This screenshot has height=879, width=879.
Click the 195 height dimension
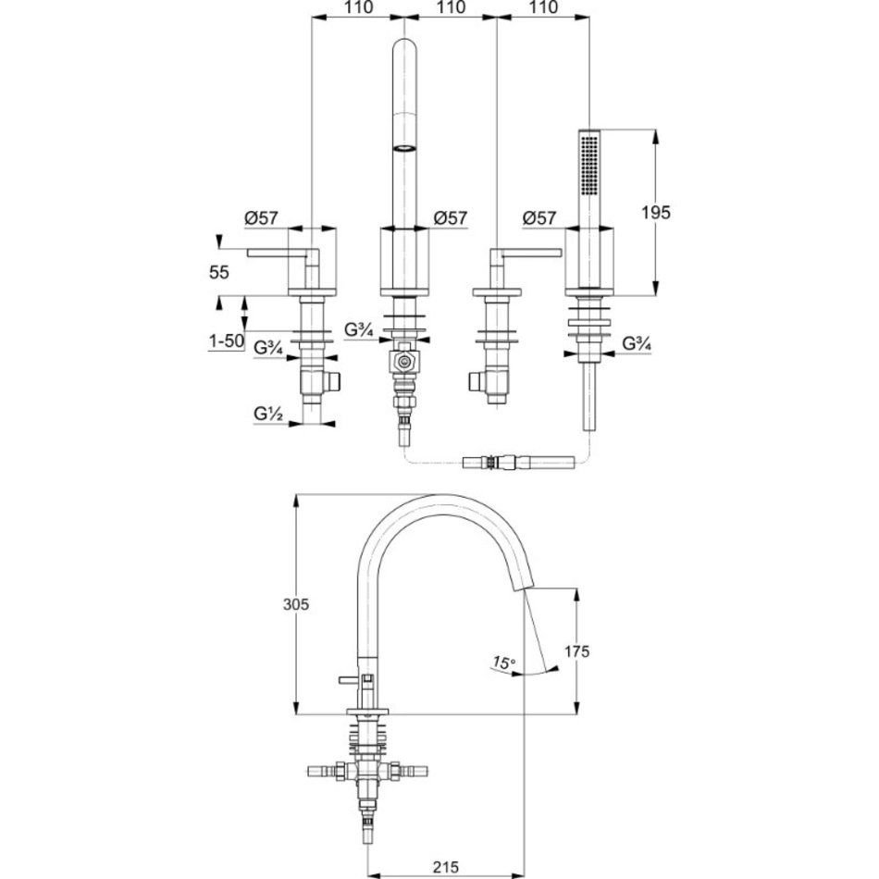pos(655,213)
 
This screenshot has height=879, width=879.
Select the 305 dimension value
pos(296,604)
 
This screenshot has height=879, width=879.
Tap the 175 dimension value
pos(576,651)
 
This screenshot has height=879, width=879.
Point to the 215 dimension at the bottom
pos(446,867)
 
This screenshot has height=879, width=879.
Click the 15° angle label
pos(503,663)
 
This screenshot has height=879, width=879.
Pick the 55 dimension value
pos(219,272)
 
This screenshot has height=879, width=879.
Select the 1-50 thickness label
pos(227,340)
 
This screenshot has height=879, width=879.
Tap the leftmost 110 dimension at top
pos(358,7)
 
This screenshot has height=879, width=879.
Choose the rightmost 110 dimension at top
pos(543,7)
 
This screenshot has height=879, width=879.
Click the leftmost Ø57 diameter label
pos(261,218)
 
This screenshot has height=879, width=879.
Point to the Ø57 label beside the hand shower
pos(539,218)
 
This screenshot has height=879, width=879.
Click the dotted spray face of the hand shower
pos(588,165)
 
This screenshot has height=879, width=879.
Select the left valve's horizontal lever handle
pos(277,254)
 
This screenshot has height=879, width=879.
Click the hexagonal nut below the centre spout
pos(403,362)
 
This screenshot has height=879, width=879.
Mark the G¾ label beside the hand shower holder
pos(637,343)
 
